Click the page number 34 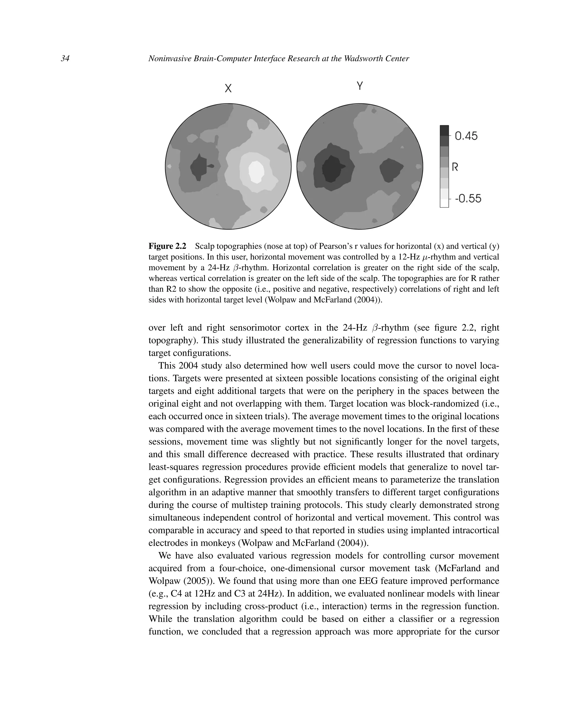pyautogui.click(x=65, y=59)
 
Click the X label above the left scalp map pyautogui.click(x=228, y=88)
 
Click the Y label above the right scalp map pyautogui.click(x=360, y=86)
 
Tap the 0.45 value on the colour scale pyautogui.click(x=466, y=136)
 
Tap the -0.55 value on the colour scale pyautogui.click(x=468, y=199)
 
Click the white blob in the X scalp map pyautogui.click(x=256, y=171)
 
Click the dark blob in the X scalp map pyautogui.click(x=199, y=167)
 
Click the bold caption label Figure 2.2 pyautogui.click(x=167, y=246)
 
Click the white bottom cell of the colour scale pyautogui.click(x=444, y=203)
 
